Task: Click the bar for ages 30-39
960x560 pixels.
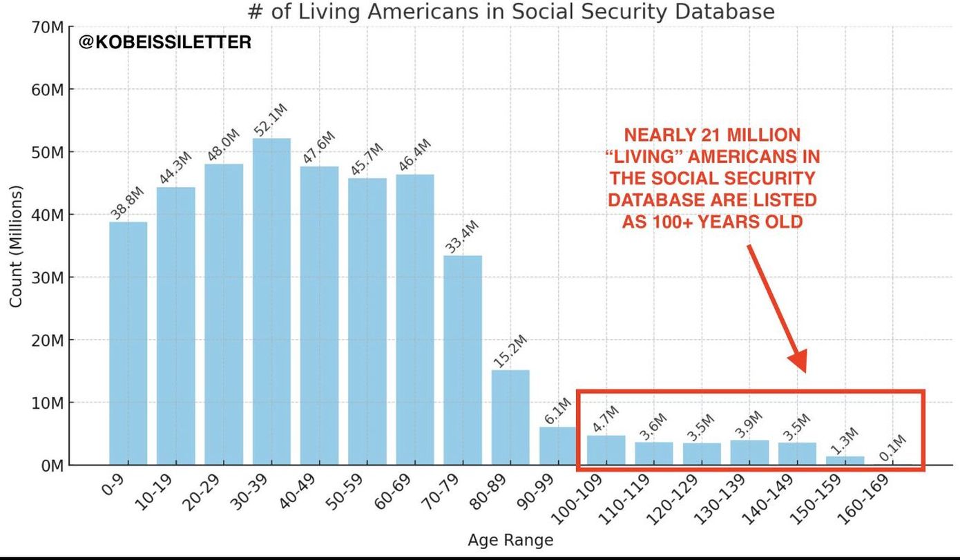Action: click(271, 302)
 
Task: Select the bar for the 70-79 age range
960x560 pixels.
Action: click(463, 360)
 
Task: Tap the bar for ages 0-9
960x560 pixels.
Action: click(128, 343)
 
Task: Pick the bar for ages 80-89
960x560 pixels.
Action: click(510, 417)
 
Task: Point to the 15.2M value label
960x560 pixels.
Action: click(510, 351)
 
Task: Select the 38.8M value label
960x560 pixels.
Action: click(128, 204)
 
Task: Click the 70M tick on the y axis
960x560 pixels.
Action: click(47, 28)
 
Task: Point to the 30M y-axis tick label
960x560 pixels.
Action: click(47, 278)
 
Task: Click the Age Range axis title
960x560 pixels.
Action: click(510, 541)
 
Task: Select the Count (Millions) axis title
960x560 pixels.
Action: click(17, 247)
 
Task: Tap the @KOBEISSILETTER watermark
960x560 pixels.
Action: click(165, 43)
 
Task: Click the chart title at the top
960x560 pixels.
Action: click(510, 12)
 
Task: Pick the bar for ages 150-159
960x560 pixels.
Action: click(845, 461)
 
